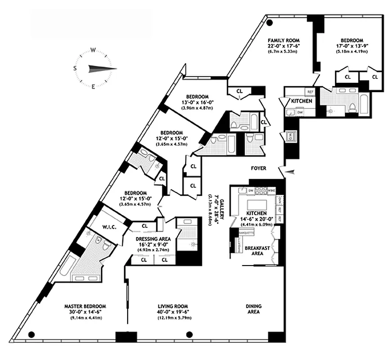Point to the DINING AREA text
coord(254,310)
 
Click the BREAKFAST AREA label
coord(254,251)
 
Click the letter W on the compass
coord(93,50)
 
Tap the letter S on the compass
coord(75,68)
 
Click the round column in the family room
coord(269,23)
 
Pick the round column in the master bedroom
coord(31,334)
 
